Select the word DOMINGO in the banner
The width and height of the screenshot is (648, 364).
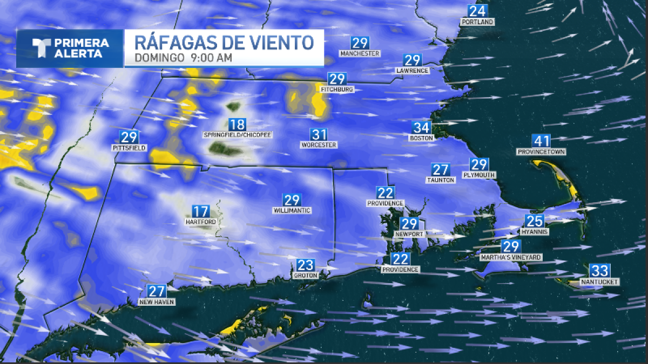point(159,58)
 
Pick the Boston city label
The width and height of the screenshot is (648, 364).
point(422,138)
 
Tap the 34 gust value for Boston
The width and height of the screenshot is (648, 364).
point(422,128)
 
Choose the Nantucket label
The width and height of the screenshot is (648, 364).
point(599,282)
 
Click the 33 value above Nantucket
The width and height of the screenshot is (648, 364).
point(600,271)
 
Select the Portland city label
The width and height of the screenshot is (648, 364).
point(477,22)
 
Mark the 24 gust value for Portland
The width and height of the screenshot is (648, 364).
point(477,11)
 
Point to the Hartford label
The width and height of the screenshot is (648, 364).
point(200,222)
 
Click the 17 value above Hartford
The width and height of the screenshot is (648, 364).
point(201,211)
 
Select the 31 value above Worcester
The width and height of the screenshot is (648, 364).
point(319,134)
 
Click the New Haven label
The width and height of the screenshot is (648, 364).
point(156,302)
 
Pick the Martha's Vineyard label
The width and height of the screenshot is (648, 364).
point(511,258)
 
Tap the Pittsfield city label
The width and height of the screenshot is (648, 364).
point(129,148)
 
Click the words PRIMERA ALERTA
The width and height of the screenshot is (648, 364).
point(82,49)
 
